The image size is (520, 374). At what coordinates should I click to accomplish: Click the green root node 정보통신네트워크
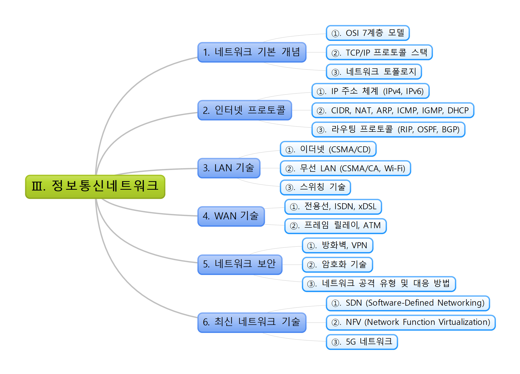(x=95, y=187)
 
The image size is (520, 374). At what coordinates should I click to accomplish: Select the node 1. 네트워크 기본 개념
(x=252, y=52)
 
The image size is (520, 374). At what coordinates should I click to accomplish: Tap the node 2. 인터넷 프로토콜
(x=244, y=110)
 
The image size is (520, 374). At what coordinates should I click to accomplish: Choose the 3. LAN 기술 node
(x=229, y=168)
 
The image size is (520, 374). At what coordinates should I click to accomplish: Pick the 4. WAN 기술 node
(x=231, y=216)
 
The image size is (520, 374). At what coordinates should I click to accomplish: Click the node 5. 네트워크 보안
(x=240, y=264)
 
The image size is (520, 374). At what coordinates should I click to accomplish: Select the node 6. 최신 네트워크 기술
(x=252, y=322)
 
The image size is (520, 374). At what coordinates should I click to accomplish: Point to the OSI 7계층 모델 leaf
(x=368, y=33)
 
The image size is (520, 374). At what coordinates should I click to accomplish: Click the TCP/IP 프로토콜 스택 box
(x=379, y=52)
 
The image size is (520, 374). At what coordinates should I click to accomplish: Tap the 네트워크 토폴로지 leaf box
(x=374, y=71)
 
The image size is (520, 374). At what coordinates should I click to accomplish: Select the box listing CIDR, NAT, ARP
(x=393, y=110)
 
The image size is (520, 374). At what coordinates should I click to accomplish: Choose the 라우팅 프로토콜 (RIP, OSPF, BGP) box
(x=388, y=129)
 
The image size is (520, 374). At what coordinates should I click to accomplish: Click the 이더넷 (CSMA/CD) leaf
(x=328, y=149)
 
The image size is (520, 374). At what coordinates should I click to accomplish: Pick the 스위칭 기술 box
(x=315, y=187)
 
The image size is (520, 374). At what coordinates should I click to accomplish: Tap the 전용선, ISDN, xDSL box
(x=333, y=207)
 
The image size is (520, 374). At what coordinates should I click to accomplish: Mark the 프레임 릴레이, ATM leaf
(x=335, y=226)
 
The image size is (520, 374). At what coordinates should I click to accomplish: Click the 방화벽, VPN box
(x=337, y=245)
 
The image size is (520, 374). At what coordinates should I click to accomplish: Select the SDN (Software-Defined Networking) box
(x=408, y=303)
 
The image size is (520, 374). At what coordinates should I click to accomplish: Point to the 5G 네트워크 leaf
(x=362, y=342)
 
